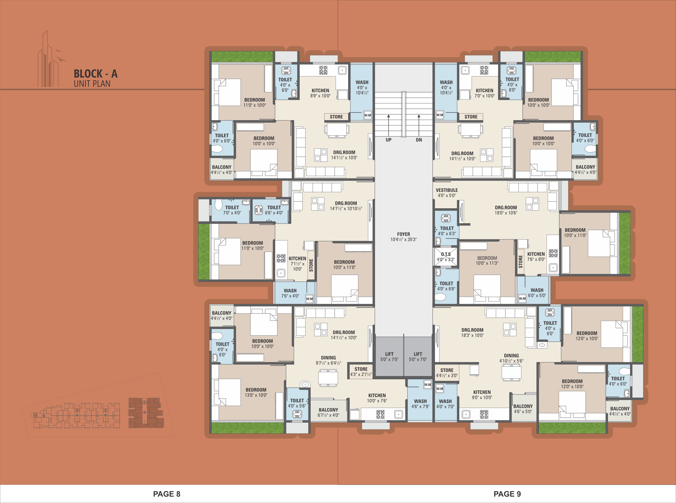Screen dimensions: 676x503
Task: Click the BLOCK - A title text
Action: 95,74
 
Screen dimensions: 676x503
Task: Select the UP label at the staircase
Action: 388,140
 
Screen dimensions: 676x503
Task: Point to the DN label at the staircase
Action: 419,140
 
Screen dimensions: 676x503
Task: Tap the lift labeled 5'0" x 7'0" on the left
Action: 389,356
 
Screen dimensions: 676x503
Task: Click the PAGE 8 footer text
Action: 167,494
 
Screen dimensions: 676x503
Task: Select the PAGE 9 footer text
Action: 507,494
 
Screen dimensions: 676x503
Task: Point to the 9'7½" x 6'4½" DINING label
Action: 328,360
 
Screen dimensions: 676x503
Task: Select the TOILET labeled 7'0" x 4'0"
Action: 232,210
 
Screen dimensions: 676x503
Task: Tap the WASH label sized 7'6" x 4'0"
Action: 290,293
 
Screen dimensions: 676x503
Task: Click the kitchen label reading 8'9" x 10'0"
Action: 320,93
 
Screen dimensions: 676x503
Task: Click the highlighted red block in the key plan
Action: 146,413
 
